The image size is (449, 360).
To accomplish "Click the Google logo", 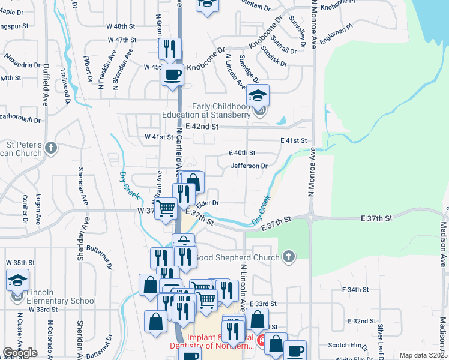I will tap(20, 353).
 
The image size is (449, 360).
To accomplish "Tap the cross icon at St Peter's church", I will tap(51, 148).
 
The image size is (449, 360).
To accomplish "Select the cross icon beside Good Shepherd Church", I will tap(289, 257).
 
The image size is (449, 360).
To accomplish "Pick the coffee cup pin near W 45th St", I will tap(173, 75).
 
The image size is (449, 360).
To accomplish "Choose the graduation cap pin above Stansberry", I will tap(258, 95).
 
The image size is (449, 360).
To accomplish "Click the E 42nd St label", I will tap(202, 127).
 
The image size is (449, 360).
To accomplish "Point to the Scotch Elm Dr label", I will tap(348, 346).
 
